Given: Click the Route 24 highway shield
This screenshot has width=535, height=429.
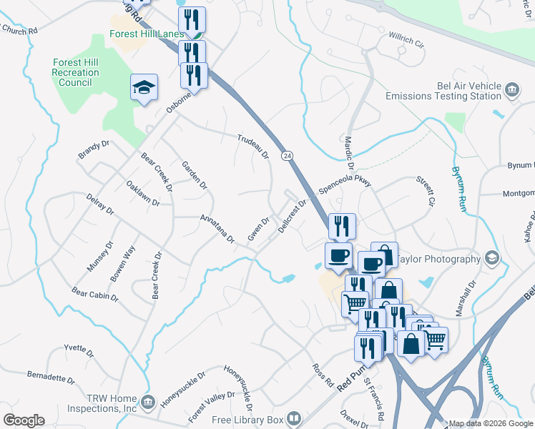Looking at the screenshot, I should point(287,155).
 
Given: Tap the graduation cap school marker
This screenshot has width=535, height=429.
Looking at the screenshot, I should point(144,88).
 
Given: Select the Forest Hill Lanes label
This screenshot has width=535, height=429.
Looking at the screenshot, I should point(147,34).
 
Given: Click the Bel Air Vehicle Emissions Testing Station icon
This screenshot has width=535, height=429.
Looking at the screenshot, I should point(512,89).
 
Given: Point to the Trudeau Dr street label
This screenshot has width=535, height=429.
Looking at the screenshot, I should point(253,146).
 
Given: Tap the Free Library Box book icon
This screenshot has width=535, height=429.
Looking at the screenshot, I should point(294,418).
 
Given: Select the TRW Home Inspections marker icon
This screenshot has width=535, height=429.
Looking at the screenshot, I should point(148,403).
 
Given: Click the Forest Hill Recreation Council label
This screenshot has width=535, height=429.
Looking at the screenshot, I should point(75,72).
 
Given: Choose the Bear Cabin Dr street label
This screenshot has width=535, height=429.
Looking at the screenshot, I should point(94,293).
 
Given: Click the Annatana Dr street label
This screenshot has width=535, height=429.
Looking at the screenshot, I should point(217,228).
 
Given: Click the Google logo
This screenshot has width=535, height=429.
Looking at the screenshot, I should point(24,420).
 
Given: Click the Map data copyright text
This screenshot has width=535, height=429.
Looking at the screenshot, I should point(490,423).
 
